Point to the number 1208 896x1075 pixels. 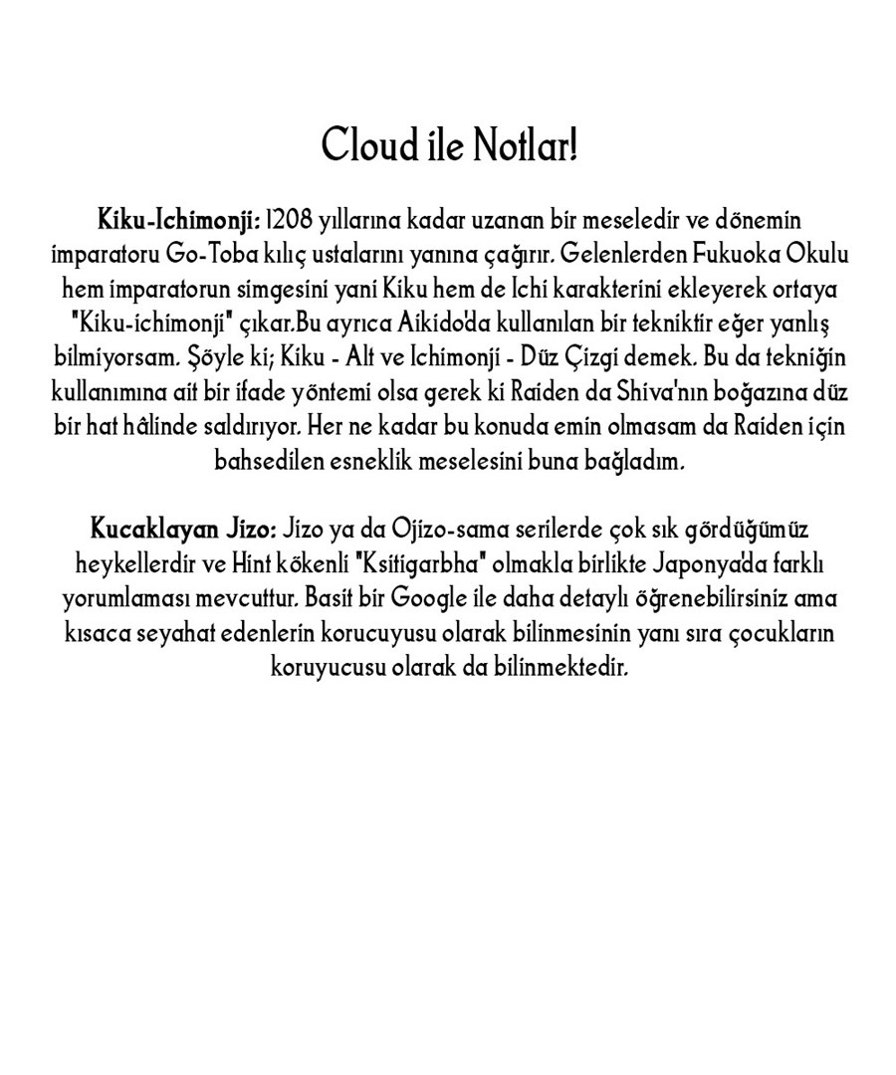(x=290, y=219)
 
